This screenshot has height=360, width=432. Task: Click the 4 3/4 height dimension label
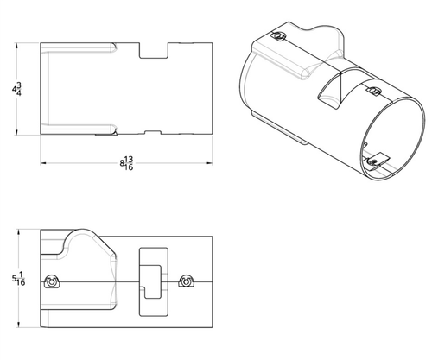[x=16, y=88]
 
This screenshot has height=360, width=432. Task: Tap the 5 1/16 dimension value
[x=16, y=280]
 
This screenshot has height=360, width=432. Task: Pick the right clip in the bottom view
[x=186, y=282]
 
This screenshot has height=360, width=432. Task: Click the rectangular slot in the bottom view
[x=153, y=275]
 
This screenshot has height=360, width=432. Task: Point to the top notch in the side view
[x=154, y=50]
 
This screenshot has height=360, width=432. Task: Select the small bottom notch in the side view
[x=153, y=132]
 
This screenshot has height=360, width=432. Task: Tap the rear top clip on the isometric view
[x=276, y=35]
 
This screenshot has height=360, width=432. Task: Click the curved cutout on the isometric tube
[x=332, y=92]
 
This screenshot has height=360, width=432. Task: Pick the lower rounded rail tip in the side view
[x=112, y=131]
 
